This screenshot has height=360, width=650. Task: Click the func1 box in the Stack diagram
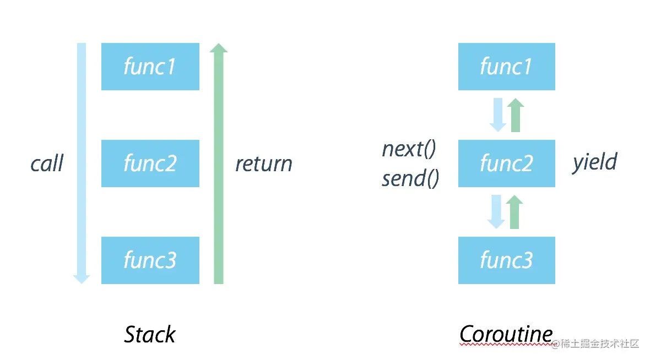click(150, 66)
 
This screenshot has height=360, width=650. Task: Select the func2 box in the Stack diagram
click(150, 163)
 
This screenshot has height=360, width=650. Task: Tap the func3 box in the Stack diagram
click(150, 260)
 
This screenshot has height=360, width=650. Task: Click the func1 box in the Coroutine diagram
click(507, 66)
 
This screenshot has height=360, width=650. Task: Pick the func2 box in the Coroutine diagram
click(507, 163)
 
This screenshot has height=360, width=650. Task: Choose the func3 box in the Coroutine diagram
click(507, 260)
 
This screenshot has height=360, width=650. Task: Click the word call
click(47, 163)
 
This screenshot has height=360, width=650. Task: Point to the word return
click(264, 164)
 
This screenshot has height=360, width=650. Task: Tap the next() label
click(409, 149)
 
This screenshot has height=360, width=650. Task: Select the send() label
click(410, 178)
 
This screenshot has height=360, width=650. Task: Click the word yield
click(595, 162)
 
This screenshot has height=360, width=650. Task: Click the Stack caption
click(150, 334)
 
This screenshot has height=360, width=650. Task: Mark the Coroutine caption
click(506, 334)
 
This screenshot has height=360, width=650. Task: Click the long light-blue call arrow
click(82, 163)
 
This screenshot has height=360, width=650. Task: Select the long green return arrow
click(219, 163)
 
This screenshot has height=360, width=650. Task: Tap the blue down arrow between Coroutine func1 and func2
click(498, 114)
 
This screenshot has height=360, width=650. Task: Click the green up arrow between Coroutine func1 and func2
click(516, 114)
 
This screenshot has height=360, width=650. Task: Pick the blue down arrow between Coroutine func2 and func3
click(496, 212)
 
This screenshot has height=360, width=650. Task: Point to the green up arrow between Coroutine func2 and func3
click(514, 212)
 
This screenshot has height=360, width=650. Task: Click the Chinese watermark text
click(595, 343)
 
